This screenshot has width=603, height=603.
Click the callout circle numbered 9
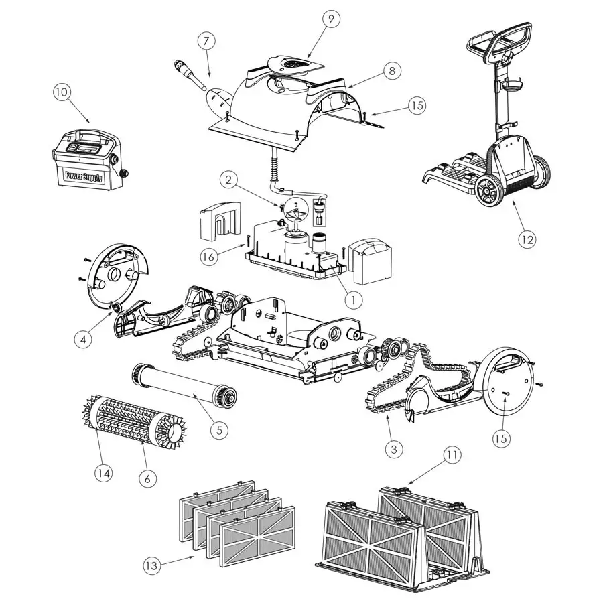click(x=330, y=19)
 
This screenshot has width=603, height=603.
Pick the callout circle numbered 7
click(x=207, y=42)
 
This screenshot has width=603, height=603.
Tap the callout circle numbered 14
click(x=103, y=472)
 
